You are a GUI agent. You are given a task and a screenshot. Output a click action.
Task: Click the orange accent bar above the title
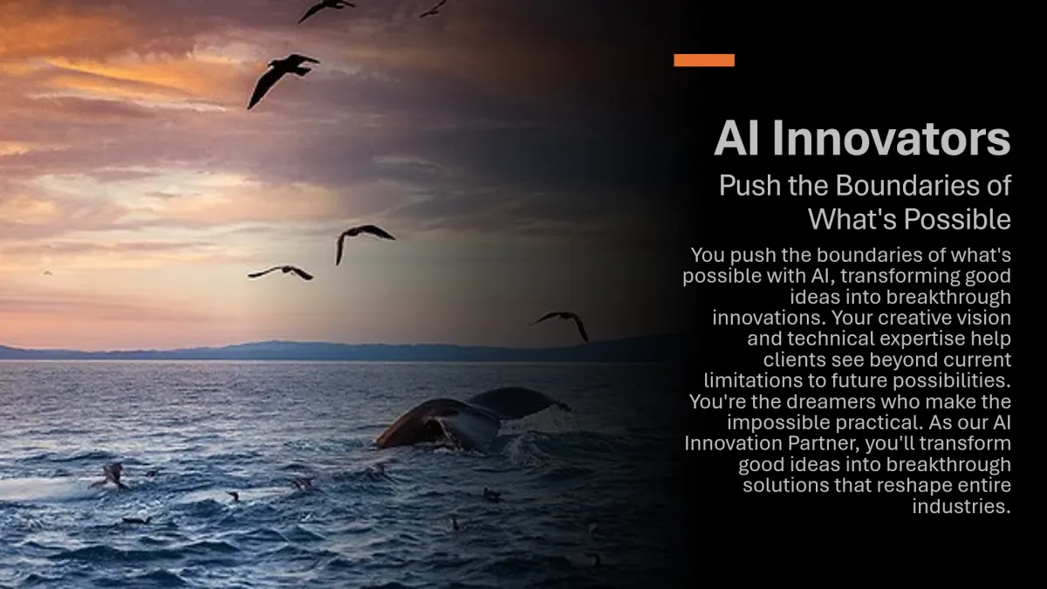(704, 60)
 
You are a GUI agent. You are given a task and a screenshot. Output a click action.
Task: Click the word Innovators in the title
(891, 139)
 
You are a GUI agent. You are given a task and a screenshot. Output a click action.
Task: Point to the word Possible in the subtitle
(957, 219)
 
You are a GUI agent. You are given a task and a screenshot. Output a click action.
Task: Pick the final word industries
(961, 506)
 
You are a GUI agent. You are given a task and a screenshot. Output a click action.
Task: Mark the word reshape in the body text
(917, 486)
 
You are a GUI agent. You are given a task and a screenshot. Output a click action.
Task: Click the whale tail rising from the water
(472, 417)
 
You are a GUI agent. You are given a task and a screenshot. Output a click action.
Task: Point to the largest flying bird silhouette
(283, 80)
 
